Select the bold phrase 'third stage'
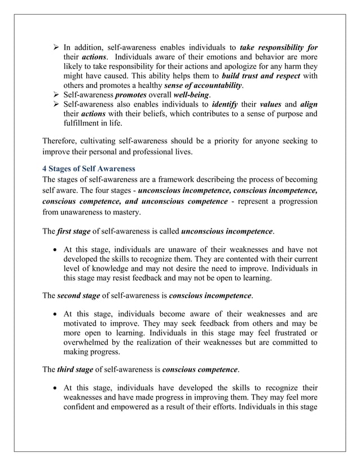point(76,370)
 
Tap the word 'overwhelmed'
point(87,342)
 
